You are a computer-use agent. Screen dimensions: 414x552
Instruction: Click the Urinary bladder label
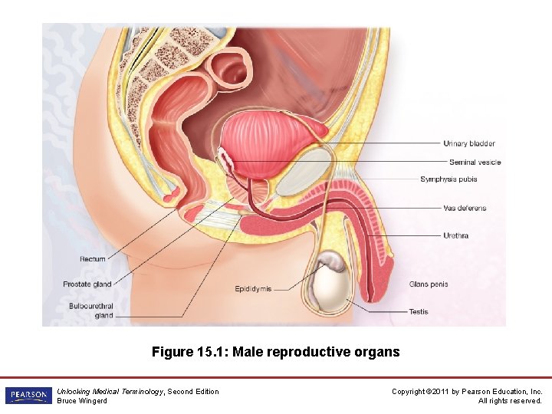click(x=469, y=143)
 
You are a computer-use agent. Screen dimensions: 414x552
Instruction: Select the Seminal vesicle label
click(x=475, y=162)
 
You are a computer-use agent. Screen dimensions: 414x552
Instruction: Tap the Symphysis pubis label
click(x=449, y=179)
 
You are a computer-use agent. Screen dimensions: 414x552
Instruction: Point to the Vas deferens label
click(x=465, y=208)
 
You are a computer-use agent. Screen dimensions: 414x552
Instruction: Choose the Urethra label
click(x=455, y=235)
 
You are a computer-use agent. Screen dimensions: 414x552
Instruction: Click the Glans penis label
click(x=429, y=284)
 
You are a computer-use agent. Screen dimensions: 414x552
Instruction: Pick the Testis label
click(x=419, y=312)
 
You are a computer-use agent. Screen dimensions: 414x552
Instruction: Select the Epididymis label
click(x=253, y=289)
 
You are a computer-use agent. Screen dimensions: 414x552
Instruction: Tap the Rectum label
click(x=93, y=259)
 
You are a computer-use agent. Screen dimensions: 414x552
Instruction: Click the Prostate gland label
click(x=87, y=284)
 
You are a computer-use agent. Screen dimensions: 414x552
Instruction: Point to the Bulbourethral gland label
click(x=90, y=310)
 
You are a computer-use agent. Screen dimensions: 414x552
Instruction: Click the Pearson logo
click(x=28, y=396)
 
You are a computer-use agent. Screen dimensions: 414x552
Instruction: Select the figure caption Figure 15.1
click(x=275, y=352)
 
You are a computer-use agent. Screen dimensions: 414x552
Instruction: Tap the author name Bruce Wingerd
click(x=82, y=401)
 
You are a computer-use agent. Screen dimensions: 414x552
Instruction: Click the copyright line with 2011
click(x=467, y=392)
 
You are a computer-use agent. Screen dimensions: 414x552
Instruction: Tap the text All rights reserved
click(x=510, y=401)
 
